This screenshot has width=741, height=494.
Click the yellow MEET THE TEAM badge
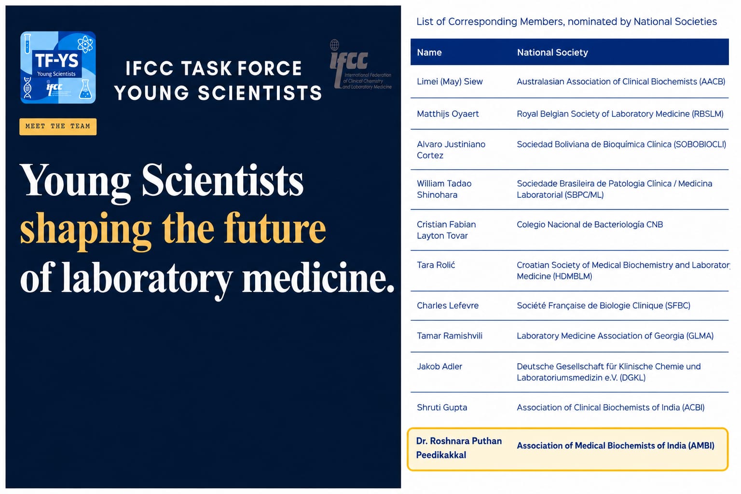pyautogui.click(x=58, y=126)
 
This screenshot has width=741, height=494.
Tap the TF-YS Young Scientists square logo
pyautogui.click(x=58, y=68)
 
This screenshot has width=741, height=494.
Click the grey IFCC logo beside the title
pyautogui.click(x=360, y=65)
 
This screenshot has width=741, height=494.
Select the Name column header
pyautogui.click(x=429, y=52)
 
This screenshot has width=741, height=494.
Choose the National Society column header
pyautogui.click(x=552, y=52)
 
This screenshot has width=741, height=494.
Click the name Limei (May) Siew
pyautogui.click(x=450, y=82)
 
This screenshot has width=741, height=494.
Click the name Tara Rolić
pyautogui.click(x=436, y=265)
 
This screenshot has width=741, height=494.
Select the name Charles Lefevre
pyautogui.click(x=448, y=305)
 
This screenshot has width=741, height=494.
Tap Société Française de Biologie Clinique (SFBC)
pyautogui.click(x=604, y=305)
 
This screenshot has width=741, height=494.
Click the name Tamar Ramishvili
pyautogui.click(x=450, y=336)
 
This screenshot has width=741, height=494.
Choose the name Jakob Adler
pyautogui.click(x=439, y=366)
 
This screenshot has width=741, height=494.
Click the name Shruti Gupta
pyautogui.click(x=442, y=407)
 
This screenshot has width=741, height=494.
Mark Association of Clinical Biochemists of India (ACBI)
pyautogui.click(x=611, y=407)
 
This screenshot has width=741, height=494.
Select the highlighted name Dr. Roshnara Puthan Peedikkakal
pyautogui.click(x=459, y=448)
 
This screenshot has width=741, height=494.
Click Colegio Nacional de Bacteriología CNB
pyautogui.click(x=590, y=224)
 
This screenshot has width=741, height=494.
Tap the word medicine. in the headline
pyautogui.click(x=318, y=277)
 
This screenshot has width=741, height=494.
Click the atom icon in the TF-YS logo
pyautogui.click(x=85, y=44)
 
